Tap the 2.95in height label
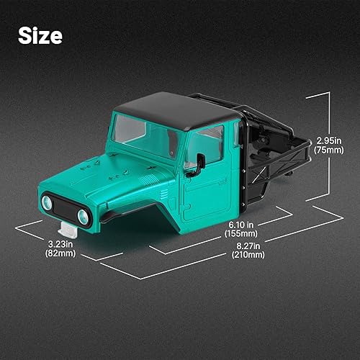pyautogui.click(x=328, y=140)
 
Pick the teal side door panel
pyautogui.click(x=205, y=194)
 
